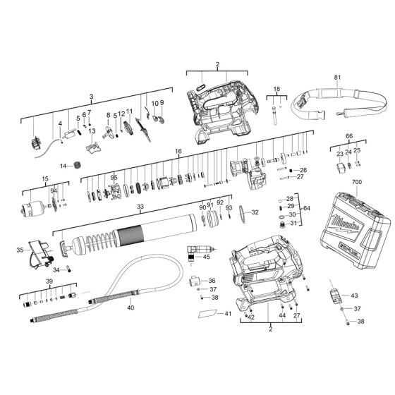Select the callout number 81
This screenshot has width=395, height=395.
(336, 77)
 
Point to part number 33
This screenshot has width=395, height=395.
(140, 207)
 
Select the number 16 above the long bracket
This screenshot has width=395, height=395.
(178, 152)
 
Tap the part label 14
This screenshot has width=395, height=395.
(62, 166)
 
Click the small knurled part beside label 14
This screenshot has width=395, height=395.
(77, 166)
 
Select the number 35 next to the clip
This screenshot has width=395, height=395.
(19, 250)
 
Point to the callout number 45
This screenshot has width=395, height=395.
(207, 257)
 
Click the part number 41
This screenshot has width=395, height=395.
(227, 312)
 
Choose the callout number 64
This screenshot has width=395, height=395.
(305, 209)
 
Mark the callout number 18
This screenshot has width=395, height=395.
(276, 90)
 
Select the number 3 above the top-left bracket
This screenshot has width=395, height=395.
(91, 96)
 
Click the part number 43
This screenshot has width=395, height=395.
(355, 295)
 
